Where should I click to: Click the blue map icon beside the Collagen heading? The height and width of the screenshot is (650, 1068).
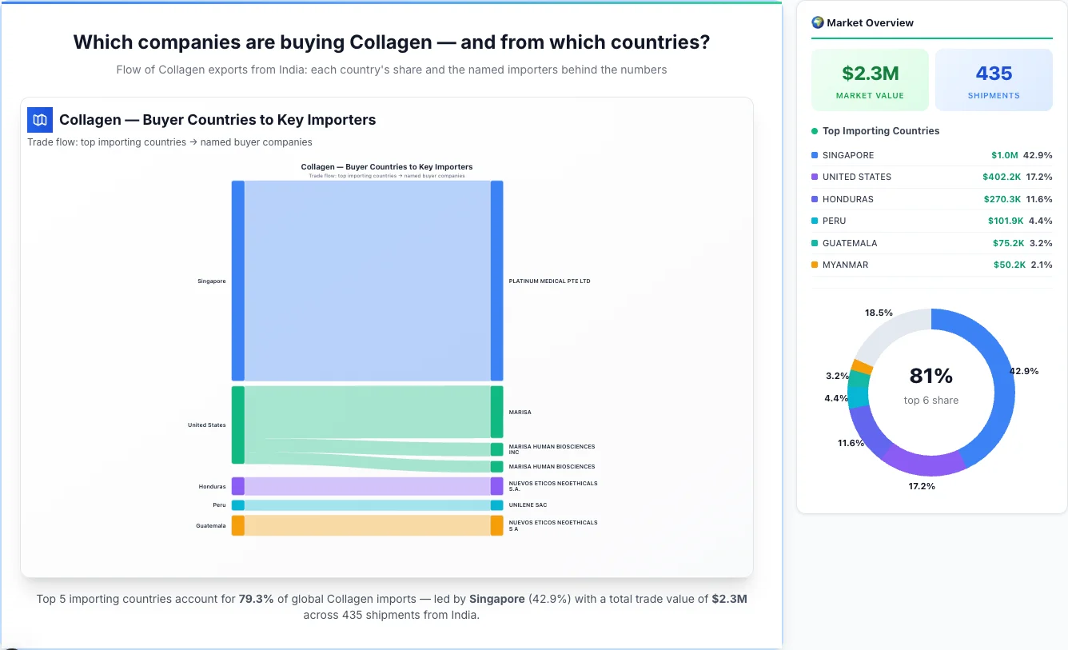(40, 120)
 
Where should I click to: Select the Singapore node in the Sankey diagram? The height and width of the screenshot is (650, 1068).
(237, 281)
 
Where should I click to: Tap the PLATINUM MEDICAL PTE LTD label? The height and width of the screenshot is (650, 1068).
(549, 281)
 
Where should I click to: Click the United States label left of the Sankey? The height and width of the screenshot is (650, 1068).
(206, 425)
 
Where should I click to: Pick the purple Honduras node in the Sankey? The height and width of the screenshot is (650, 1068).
(237, 486)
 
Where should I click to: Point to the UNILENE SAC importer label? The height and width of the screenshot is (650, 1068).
(528, 505)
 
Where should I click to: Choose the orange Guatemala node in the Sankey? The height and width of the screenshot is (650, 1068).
(237, 525)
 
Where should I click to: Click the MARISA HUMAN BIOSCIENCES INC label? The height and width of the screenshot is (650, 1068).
(552, 449)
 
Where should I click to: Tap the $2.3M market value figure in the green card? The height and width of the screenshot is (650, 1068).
(870, 74)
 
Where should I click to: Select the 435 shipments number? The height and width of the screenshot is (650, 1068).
(994, 74)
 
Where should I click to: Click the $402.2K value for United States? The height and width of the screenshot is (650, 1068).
(1002, 177)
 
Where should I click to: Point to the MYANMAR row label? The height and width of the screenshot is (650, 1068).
(845, 265)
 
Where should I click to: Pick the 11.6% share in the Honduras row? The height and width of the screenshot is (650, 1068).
(1040, 199)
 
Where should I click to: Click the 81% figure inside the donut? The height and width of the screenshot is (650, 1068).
(931, 376)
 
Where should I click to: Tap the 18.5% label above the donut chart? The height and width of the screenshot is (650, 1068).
(879, 313)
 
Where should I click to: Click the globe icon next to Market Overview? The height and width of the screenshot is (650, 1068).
(818, 22)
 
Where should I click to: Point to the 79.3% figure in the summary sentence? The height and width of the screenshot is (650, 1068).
(256, 599)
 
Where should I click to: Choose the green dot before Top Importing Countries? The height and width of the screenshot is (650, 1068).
(815, 131)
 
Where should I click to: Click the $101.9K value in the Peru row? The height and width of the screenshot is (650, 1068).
(1005, 221)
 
